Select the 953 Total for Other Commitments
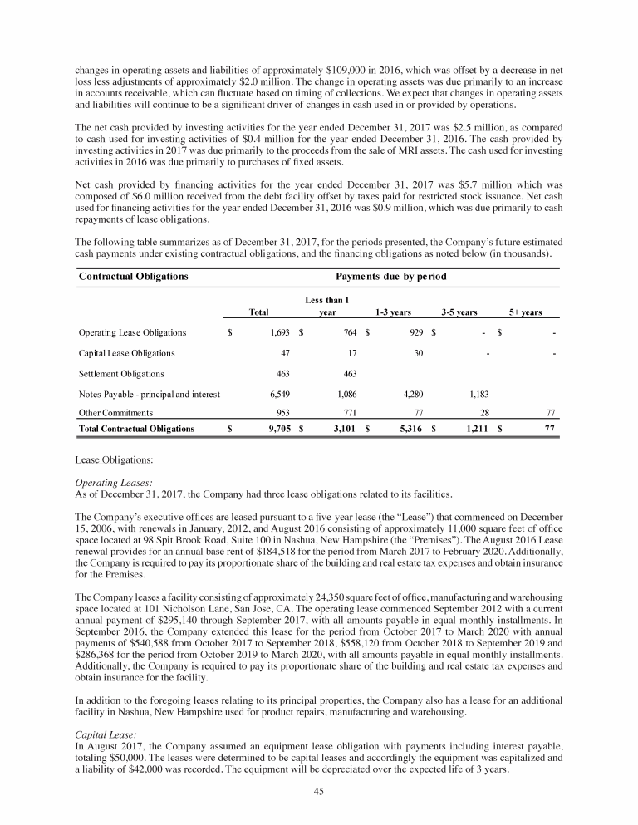[282, 412]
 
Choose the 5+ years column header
[525, 312]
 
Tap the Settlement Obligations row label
[121, 374]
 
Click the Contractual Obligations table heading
[133, 276]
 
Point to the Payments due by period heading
[391, 276]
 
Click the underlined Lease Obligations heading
[107, 458]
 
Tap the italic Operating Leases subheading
[110, 482]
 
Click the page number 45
[318, 791]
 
